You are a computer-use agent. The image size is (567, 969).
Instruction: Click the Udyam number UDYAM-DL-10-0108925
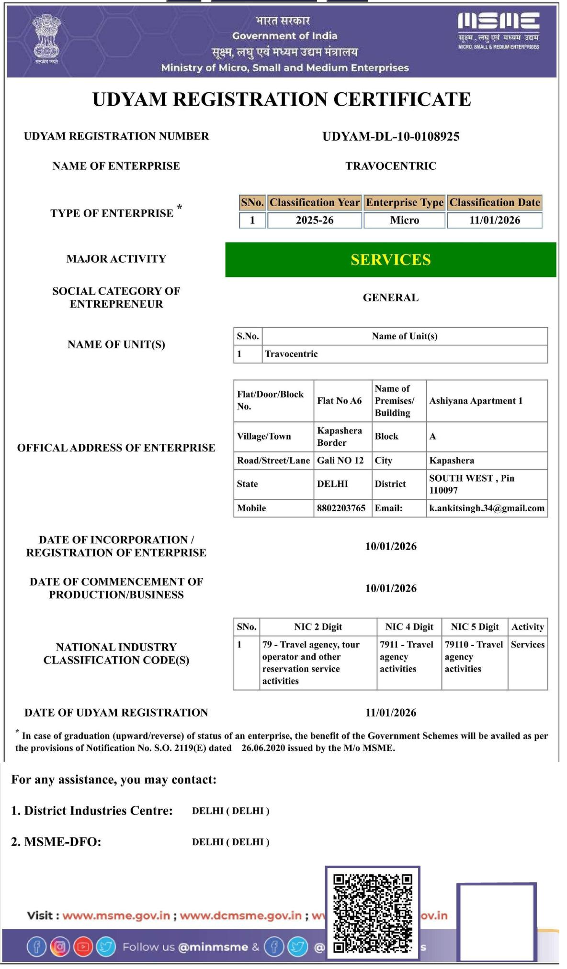(x=391, y=137)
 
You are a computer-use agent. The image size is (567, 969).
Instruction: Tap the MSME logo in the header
(x=498, y=30)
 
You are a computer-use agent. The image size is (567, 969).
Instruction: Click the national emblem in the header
(x=46, y=38)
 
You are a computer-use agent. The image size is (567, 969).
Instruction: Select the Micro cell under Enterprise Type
(x=404, y=220)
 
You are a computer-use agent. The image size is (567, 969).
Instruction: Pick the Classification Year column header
(x=314, y=203)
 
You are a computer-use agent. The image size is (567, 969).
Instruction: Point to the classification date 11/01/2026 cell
(x=494, y=220)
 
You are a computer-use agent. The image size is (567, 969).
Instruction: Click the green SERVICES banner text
(x=391, y=260)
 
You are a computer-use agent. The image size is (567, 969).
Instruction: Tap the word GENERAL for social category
(x=391, y=298)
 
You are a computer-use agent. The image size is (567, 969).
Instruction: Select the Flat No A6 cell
(x=340, y=401)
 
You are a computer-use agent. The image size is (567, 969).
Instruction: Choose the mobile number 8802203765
(x=341, y=508)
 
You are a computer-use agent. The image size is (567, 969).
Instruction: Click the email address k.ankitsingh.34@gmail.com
(x=487, y=508)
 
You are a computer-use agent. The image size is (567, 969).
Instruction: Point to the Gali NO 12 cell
(x=340, y=461)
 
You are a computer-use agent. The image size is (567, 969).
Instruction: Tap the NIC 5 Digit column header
(x=475, y=627)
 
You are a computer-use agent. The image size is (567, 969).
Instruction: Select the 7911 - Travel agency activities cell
(x=408, y=657)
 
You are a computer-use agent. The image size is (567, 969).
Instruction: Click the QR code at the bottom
(x=373, y=914)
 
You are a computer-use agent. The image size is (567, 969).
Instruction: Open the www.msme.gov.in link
(x=116, y=916)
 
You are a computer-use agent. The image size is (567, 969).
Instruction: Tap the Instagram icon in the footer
(x=60, y=947)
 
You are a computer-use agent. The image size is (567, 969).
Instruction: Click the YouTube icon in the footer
(x=83, y=947)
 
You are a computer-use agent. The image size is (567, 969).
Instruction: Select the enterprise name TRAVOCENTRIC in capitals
(x=391, y=166)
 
